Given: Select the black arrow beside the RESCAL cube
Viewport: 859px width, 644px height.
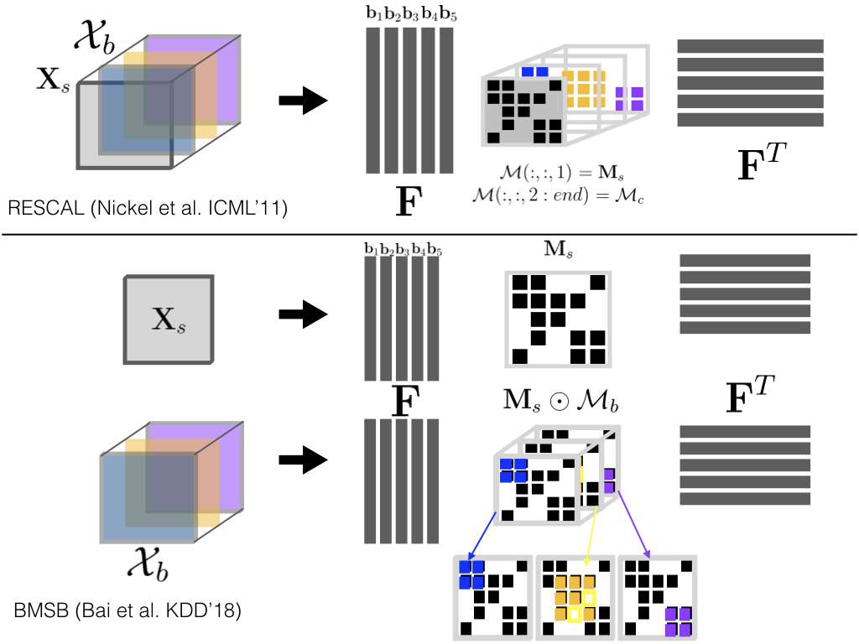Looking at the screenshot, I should click(x=302, y=101).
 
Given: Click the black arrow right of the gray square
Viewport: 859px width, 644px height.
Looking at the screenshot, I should click(x=302, y=315).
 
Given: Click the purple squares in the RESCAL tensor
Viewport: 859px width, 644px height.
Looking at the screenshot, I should click(x=629, y=98).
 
